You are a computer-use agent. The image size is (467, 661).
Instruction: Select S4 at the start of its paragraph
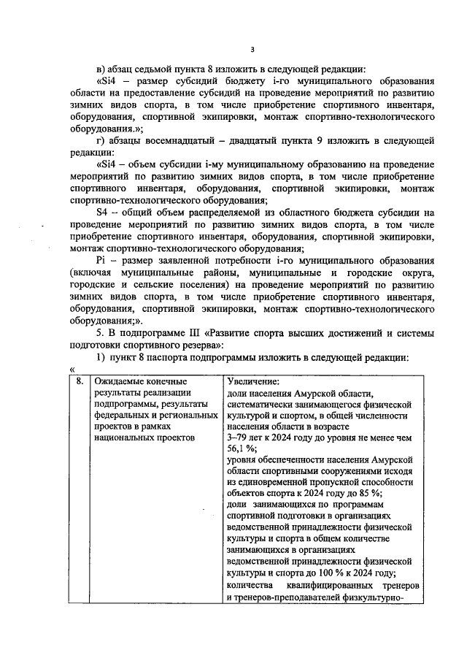tap(103, 211)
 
